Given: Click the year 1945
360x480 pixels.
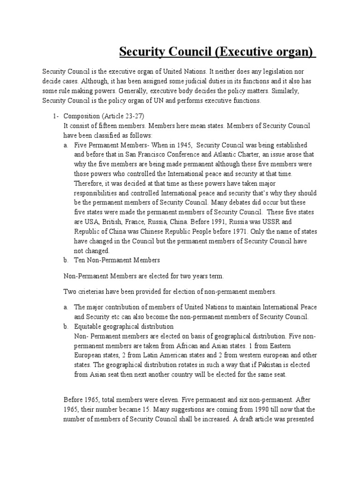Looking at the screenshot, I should [180, 145].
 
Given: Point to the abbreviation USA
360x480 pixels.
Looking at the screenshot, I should [96, 222].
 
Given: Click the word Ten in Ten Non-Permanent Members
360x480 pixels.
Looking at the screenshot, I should [80, 260].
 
